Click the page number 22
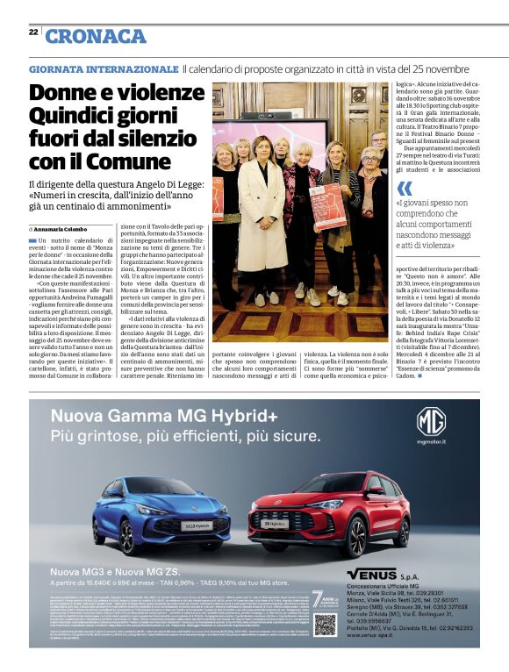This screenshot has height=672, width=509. coord(32,31)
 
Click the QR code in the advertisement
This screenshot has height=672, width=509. coord(326,625)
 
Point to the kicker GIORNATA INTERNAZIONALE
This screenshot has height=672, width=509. coord(104,68)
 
